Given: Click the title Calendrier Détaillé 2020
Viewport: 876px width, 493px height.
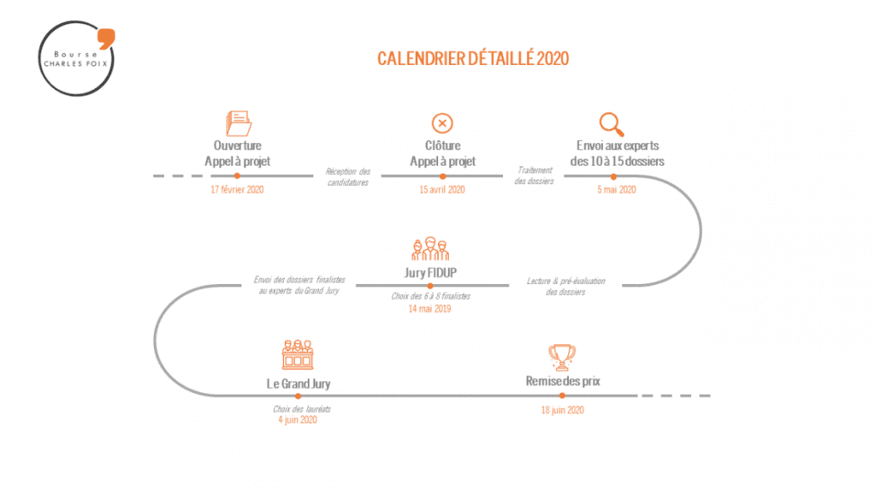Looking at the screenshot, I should [x=473, y=58].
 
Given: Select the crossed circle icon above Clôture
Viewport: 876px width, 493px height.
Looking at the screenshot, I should [x=442, y=122].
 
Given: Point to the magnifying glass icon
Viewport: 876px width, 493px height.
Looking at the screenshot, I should [x=612, y=122].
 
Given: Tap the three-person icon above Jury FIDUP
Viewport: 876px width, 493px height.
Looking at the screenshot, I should [x=430, y=249].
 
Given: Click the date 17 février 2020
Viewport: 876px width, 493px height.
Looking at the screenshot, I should [x=237, y=189].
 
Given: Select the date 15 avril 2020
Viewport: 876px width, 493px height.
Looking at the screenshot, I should [x=442, y=189].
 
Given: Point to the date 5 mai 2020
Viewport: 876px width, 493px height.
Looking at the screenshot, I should [x=617, y=189].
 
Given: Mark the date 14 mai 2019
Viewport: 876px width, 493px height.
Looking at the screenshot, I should [x=429, y=308].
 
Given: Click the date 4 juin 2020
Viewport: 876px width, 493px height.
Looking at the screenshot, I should [x=297, y=420].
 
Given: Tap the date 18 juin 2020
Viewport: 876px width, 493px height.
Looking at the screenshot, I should [x=562, y=411].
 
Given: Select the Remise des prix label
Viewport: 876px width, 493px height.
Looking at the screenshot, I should [x=563, y=381].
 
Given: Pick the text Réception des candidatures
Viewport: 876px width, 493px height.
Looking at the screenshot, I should [x=347, y=177].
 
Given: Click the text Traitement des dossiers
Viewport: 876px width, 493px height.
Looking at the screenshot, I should [x=535, y=175].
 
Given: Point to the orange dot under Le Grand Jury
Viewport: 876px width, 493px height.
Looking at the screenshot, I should [x=298, y=395].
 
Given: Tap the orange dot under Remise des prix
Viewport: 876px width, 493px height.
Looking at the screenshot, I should [x=562, y=395].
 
